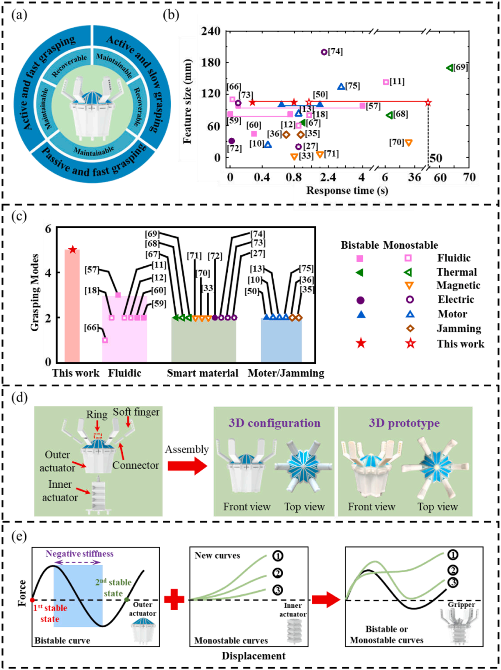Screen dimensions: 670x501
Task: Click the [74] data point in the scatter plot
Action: point(324,52)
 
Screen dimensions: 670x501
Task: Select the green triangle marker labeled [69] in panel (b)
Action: point(450,68)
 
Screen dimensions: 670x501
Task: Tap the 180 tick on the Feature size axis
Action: point(211,62)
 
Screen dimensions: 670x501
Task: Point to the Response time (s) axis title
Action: point(347,191)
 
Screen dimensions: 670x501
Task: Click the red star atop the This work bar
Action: point(72,250)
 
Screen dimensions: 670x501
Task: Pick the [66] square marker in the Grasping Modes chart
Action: point(105,340)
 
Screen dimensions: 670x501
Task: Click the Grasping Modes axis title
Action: point(35,292)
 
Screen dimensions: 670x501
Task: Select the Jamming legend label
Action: point(459,329)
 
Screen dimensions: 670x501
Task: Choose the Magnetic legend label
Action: point(458,285)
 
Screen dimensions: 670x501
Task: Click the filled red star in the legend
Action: point(361,343)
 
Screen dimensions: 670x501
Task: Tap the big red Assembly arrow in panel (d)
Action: point(187,465)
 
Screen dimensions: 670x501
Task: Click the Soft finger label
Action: point(136,412)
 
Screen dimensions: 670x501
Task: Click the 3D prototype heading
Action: point(404,423)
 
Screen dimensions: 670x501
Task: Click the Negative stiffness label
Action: point(79,554)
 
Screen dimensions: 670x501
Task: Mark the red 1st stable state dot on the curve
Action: point(32,600)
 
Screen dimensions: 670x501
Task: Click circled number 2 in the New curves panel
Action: point(277,573)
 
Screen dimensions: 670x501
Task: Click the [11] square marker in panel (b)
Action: point(386,82)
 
